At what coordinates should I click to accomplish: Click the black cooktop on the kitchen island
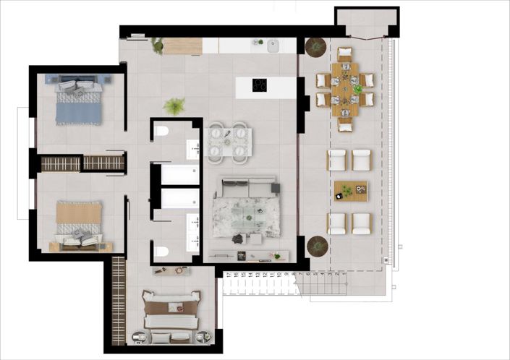pos(260,85)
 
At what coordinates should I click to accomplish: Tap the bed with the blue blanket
pos(77,100)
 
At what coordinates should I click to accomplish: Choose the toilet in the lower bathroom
pos(162,252)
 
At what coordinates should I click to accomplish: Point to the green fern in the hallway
pos(174,107)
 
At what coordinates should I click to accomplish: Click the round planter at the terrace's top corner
pos(315,47)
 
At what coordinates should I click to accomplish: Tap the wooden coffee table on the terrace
pos(351,191)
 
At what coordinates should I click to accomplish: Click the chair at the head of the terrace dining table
pos(345,53)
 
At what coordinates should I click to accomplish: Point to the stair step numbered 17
pos(229,275)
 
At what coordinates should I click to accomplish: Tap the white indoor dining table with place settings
pos(229,141)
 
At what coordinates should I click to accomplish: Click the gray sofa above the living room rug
pos(248,187)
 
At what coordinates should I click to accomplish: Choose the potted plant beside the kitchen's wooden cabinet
pos(156,45)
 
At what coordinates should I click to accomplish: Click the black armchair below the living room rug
pos(238,238)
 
